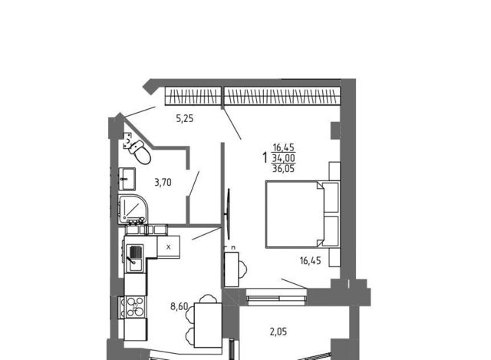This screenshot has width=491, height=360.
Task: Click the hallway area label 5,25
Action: (185, 118)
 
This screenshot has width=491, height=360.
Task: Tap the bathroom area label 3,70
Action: (163, 182)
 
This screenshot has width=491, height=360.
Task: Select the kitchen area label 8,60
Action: (180, 306)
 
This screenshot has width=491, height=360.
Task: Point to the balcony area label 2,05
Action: (278, 332)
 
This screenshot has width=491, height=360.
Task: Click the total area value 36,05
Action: (283, 169)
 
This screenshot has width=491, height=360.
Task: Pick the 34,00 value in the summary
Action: (283, 157)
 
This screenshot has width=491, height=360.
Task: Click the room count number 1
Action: (265, 157)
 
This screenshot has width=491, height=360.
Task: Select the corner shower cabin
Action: (133, 209)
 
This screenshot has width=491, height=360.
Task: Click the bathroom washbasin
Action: (127, 179)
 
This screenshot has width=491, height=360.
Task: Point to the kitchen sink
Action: (134, 258)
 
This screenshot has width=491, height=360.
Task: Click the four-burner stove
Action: (135, 307)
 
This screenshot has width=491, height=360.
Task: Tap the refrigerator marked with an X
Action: (169, 247)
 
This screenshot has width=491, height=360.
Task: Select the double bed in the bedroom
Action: (302, 215)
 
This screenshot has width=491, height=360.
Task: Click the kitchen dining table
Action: (208, 325)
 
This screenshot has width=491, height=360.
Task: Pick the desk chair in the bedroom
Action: (243, 269)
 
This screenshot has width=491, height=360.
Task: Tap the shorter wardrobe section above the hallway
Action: (193, 96)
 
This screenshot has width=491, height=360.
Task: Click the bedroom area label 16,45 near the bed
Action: (310, 260)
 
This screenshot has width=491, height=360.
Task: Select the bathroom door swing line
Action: (193, 184)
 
